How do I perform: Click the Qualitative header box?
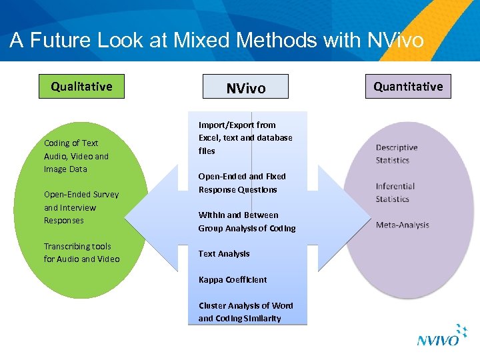(81, 87)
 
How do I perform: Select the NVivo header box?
(245, 88)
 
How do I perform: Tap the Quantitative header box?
(408, 87)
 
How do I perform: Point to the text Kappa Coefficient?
(233, 279)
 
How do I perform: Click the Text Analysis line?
(224, 253)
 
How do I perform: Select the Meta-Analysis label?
(403, 225)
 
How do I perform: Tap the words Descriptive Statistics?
(397, 154)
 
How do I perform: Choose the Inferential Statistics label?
(395, 193)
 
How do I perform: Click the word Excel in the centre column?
(209, 138)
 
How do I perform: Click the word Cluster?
(213, 305)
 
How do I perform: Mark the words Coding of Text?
(71, 143)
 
